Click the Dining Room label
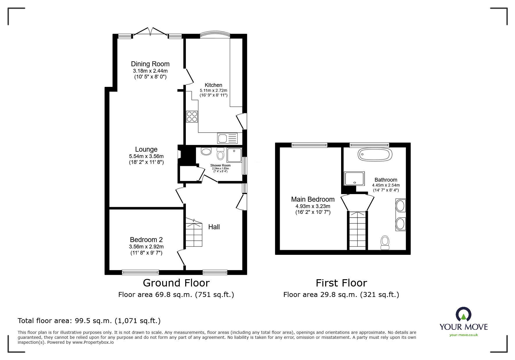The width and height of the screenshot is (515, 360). (x=150, y=64)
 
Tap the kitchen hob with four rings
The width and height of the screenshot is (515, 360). (x=192, y=117)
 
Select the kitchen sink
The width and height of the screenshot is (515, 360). (x=227, y=138)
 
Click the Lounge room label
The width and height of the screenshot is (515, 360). (x=146, y=149)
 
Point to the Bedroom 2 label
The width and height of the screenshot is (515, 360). (x=146, y=240)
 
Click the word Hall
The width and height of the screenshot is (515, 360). (x=214, y=227)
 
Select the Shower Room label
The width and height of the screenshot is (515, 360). (x=220, y=166)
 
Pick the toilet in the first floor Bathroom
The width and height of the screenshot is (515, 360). (x=385, y=243)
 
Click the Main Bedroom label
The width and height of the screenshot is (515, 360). (x=313, y=199)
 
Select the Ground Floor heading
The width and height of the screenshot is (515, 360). (x=176, y=283)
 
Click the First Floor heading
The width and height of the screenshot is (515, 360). (x=341, y=283)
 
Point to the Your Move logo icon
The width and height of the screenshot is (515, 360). (x=464, y=314)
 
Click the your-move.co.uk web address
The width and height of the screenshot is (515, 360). (x=464, y=335)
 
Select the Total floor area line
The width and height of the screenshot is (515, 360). (x=89, y=321)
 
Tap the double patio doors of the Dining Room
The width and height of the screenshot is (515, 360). (x=150, y=32)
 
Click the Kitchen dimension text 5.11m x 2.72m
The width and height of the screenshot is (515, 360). (x=213, y=91)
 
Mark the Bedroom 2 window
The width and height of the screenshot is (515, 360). (x=140, y=272)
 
